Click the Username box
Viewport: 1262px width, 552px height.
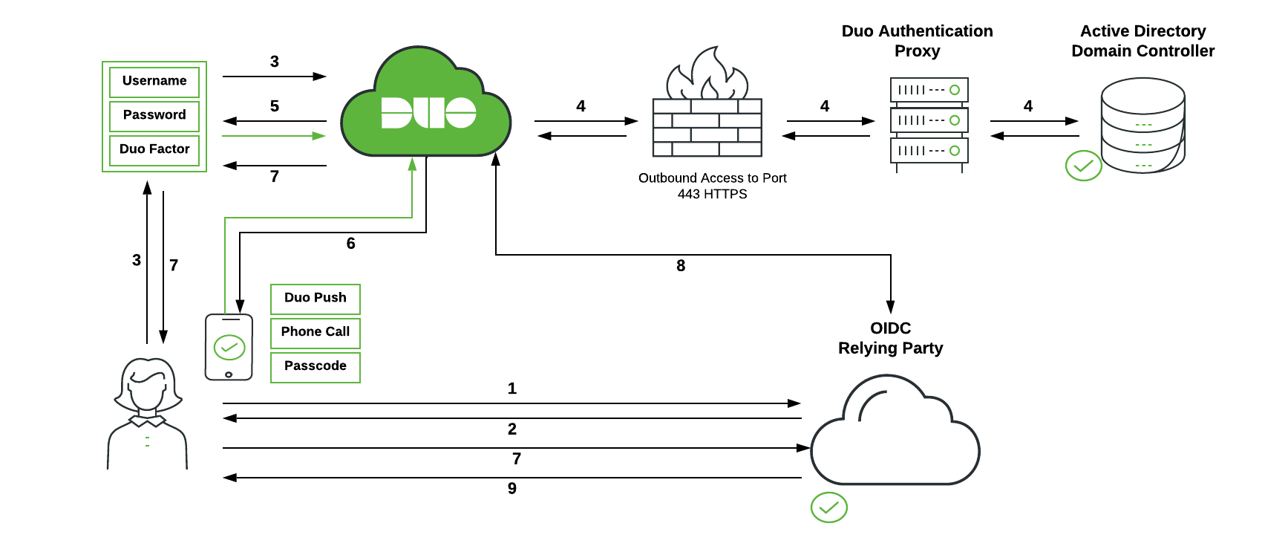[x=154, y=82]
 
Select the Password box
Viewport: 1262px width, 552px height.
[x=154, y=115]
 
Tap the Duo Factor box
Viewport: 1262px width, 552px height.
[x=154, y=149]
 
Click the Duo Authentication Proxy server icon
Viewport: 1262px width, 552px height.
[x=929, y=121]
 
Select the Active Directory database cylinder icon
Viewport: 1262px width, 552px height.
[x=1142, y=126]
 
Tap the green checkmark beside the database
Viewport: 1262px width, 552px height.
[x=1083, y=166]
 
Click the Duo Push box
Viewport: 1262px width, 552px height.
[x=315, y=299]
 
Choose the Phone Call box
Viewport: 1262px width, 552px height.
[x=315, y=333]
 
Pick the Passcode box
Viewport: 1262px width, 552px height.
[x=315, y=367]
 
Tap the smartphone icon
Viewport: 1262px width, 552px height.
[x=229, y=347]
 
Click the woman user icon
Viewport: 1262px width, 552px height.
[x=148, y=413]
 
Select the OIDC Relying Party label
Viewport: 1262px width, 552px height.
[x=890, y=338]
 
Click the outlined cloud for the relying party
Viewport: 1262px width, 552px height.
[x=895, y=438]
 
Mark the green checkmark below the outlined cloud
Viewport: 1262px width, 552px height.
[x=828, y=507]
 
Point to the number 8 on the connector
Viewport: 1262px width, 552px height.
[x=681, y=266]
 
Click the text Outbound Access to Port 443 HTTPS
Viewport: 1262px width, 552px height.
[x=712, y=186]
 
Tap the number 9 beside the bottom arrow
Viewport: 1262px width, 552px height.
[x=512, y=489]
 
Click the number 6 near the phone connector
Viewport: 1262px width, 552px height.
[x=351, y=244]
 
